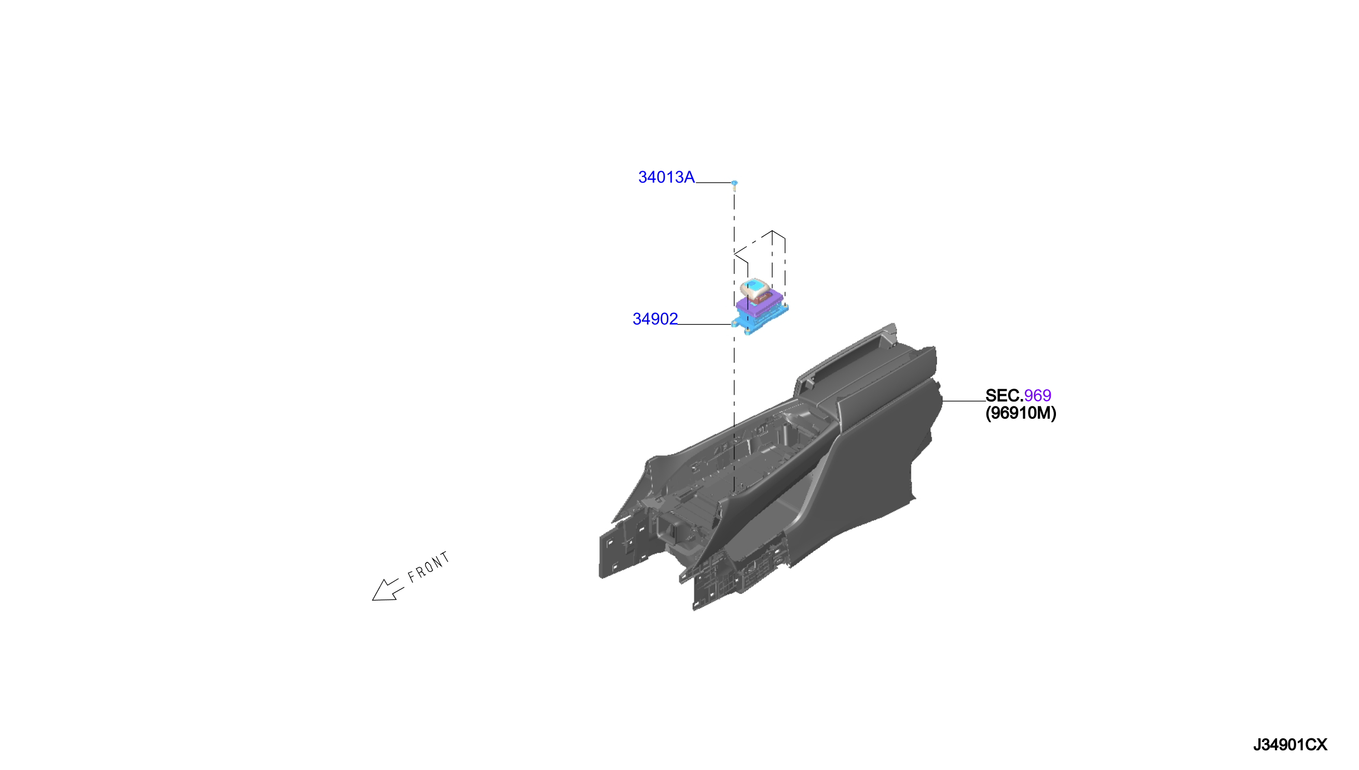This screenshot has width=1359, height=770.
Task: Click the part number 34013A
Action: pos(666,177)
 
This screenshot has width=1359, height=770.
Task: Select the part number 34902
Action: pos(655,319)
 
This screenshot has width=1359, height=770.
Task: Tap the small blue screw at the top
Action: pos(734,184)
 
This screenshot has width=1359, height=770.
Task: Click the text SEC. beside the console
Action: pos(1004,395)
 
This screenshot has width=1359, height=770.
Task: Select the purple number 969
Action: pos(1037,395)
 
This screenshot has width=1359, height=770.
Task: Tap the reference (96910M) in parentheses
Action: pos(1021,413)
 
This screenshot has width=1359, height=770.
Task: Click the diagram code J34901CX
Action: pos(1290,745)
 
